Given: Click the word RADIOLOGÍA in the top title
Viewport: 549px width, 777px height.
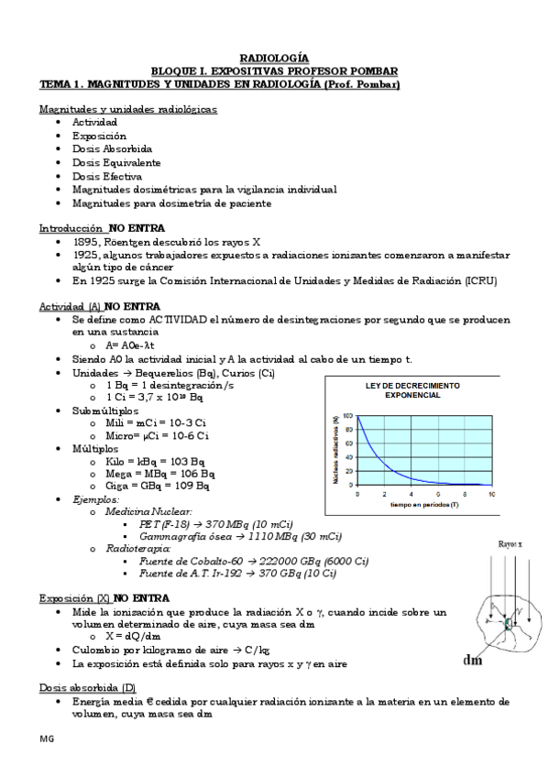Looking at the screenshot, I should (274, 57).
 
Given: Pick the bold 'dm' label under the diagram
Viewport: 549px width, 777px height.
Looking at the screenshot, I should (473, 660).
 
